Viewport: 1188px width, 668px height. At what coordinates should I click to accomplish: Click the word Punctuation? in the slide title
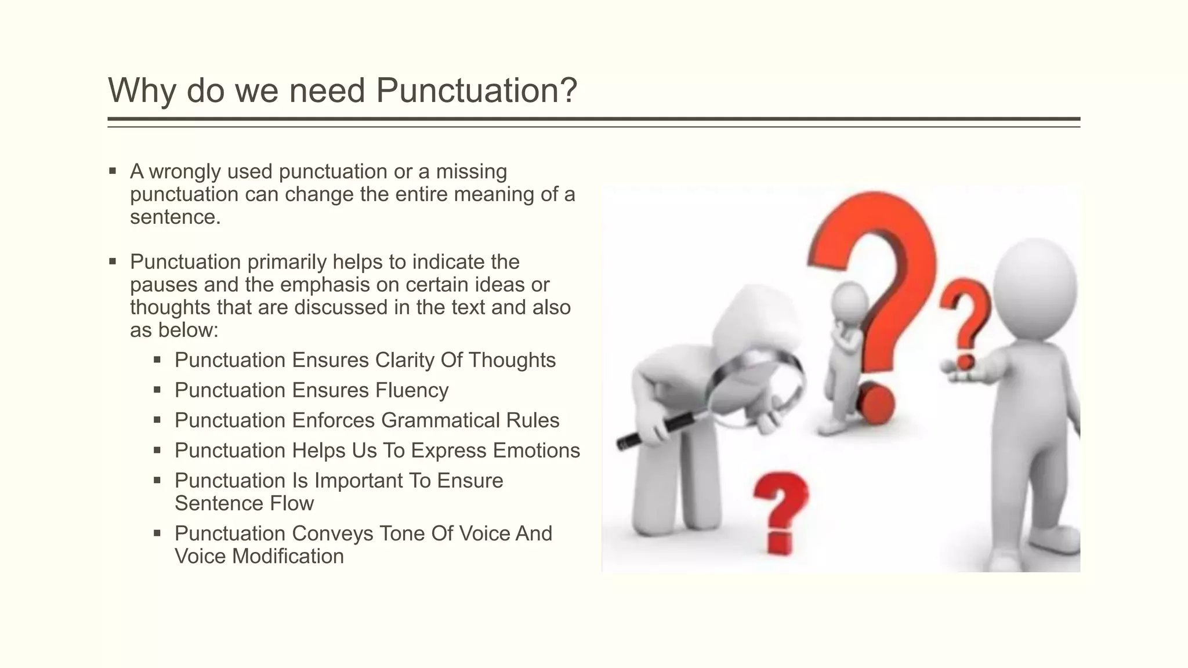(476, 90)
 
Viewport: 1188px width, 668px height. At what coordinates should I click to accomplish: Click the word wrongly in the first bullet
(185, 172)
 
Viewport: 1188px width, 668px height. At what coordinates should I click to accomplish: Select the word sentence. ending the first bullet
(175, 217)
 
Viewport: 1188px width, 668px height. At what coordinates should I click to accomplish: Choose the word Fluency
(412, 391)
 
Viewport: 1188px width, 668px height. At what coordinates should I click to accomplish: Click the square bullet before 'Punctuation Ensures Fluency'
(157, 390)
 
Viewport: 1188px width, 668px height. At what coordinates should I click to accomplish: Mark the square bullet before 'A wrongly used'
(113, 171)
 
